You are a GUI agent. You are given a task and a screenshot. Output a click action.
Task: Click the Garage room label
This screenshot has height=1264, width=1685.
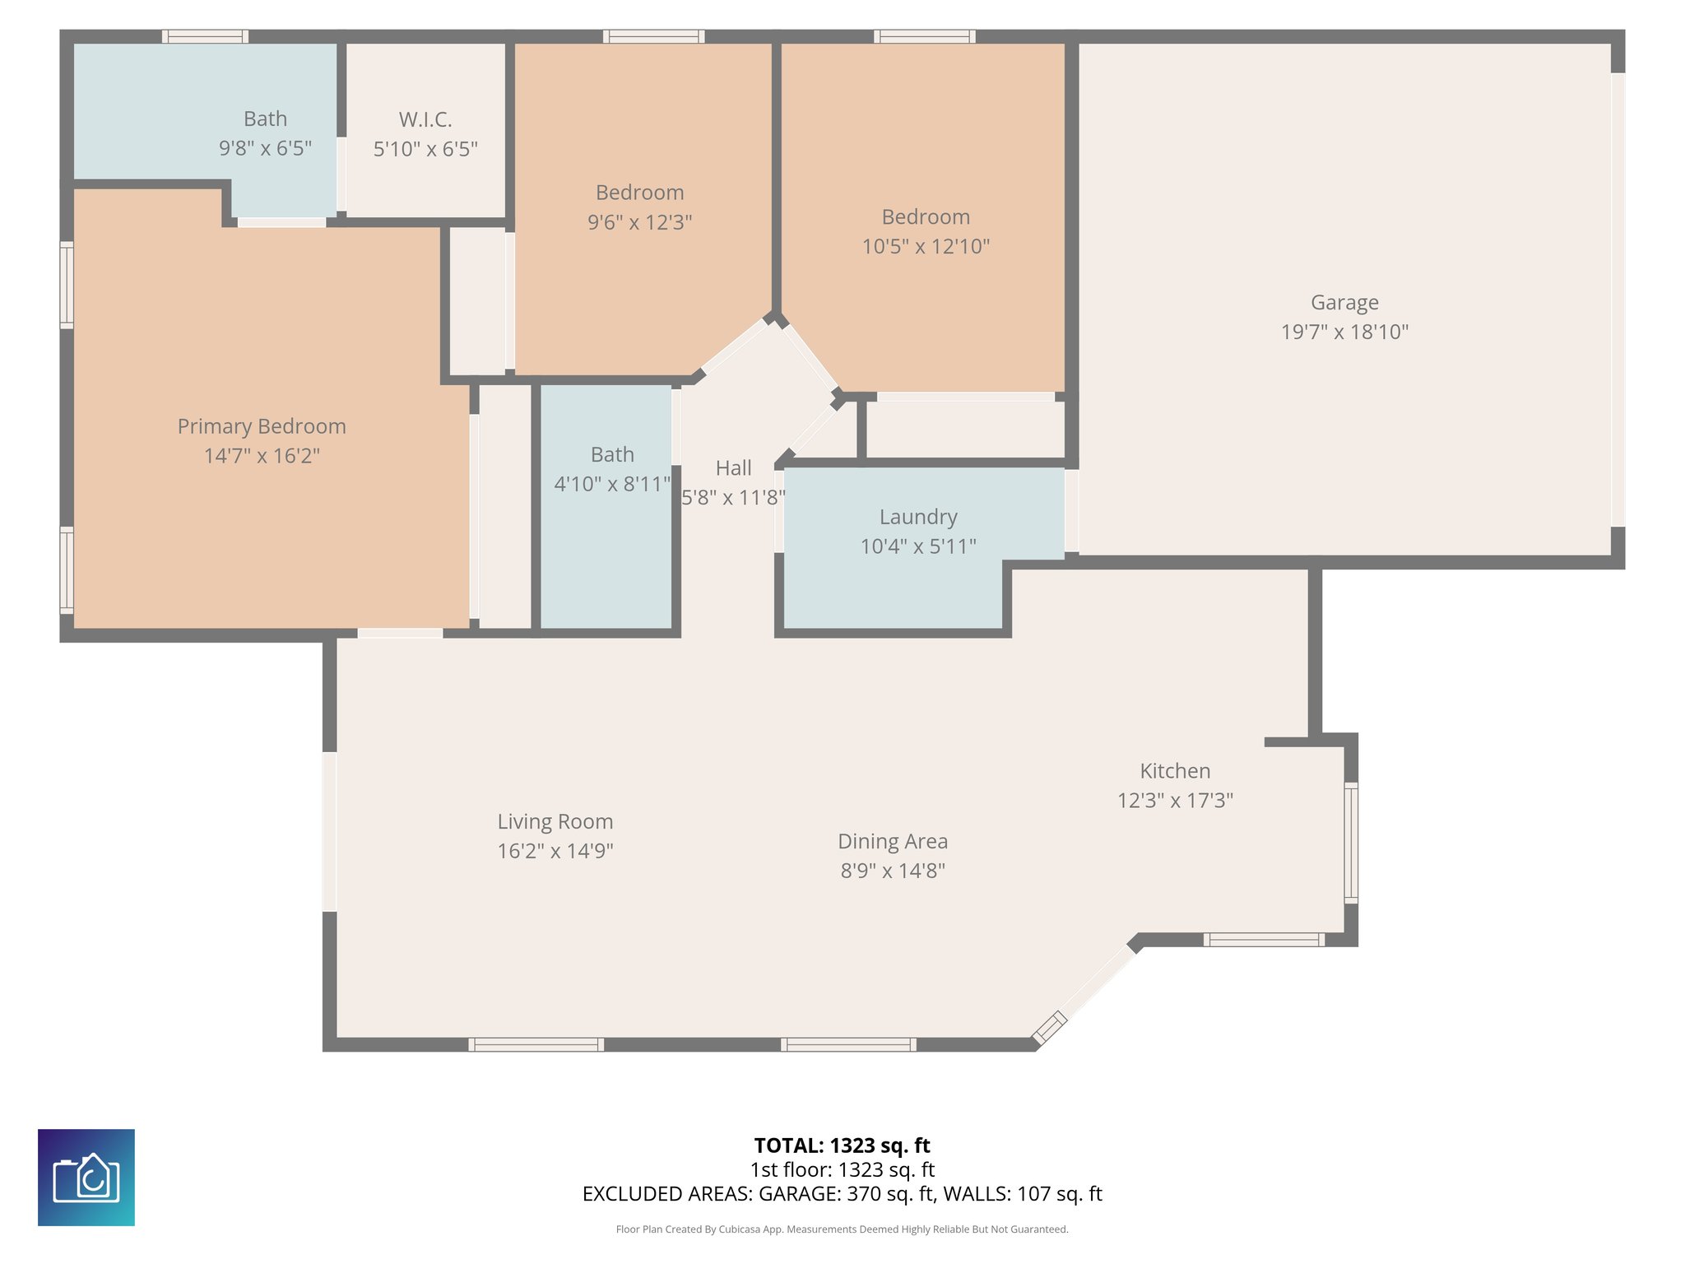coord(1344,303)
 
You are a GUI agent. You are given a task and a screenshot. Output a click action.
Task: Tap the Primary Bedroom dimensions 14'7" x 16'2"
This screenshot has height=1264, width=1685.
coord(262,456)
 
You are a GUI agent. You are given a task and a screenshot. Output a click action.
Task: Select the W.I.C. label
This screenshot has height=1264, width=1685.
coord(425,120)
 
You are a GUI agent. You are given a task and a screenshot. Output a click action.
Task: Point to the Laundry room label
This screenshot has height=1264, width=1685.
coord(918,517)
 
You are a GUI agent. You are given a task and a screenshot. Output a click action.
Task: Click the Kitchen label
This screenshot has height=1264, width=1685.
coord(1174,771)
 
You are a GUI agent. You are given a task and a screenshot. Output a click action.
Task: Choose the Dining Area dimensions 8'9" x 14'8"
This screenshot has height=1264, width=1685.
coord(892,871)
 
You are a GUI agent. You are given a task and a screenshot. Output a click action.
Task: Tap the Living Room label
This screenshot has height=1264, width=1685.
coord(555,821)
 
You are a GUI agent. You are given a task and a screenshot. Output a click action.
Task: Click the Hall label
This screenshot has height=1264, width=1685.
coord(733,468)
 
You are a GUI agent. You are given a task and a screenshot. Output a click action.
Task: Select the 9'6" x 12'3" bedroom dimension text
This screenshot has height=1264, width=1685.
coord(639,222)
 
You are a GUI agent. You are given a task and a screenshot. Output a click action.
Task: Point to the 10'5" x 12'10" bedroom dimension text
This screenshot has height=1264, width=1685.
coord(925,247)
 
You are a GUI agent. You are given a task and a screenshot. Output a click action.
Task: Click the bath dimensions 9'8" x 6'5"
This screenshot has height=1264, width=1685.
coord(265,149)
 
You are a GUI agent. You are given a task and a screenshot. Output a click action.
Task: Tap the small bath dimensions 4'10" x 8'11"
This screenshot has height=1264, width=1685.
coord(611,484)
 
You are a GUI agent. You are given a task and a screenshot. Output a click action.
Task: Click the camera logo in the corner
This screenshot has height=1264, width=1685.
coord(86,1177)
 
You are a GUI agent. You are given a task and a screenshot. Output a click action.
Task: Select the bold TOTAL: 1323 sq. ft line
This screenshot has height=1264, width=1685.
coord(842,1145)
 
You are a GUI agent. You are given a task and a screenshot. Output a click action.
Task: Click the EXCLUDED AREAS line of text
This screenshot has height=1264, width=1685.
coord(842,1194)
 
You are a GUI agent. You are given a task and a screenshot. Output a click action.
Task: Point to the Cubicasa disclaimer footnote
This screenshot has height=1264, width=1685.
coord(842,1229)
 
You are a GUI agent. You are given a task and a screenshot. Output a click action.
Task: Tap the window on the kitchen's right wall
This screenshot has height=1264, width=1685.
coord(1351,843)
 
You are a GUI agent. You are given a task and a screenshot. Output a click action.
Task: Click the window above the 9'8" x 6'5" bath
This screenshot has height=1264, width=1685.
coord(205,36)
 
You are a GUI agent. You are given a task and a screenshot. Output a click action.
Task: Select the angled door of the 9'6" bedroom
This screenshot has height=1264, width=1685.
coord(734,346)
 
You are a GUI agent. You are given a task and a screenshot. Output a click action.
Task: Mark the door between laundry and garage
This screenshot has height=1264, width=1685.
coord(1071,511)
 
